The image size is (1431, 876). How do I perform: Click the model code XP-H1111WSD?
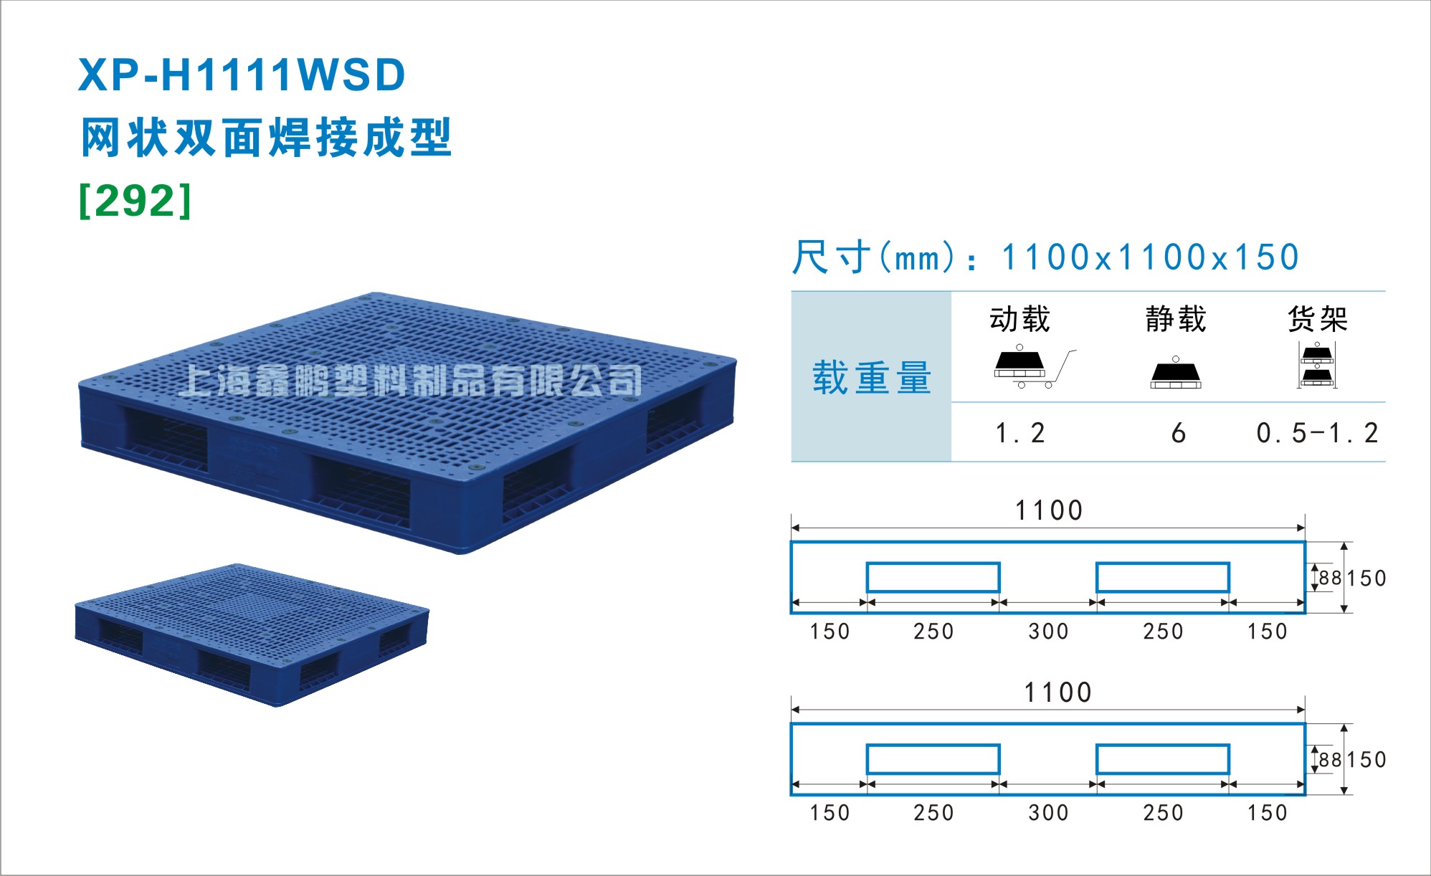tap(242, 75)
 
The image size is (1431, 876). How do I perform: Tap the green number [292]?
tap(136, 200)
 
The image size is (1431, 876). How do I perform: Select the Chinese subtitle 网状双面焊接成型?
tap(266, 137)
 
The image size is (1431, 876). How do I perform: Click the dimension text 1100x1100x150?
tap(1150, 257)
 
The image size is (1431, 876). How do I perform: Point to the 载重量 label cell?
tap(872, 377)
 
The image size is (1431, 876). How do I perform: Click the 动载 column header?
tap(1019, 319)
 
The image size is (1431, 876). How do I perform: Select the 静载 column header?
tap(1176, 319)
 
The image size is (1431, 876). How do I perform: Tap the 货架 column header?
tap(1318, 319)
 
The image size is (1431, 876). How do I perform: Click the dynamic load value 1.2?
tap(1020, 433)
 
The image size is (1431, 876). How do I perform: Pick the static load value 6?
tap(1178, 433)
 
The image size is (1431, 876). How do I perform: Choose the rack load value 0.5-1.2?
tap(1317, 433)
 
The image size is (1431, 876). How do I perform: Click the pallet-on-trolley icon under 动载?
tap(1035, 366)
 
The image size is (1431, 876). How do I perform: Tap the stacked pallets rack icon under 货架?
tap(1317, 365)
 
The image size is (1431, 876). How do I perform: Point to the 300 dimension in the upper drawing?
tap(1048, 632)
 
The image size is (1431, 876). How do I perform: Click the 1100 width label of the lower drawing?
tap(1057, 692)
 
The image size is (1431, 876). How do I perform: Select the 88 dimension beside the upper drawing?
tap(1330, 578)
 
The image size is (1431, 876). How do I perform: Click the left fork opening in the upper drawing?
tap(933, 577)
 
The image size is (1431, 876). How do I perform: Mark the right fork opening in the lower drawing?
tap(1163, 759)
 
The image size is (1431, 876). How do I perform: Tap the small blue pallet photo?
tap(252, 635)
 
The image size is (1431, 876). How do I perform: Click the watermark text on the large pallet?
tap(410, 380)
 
